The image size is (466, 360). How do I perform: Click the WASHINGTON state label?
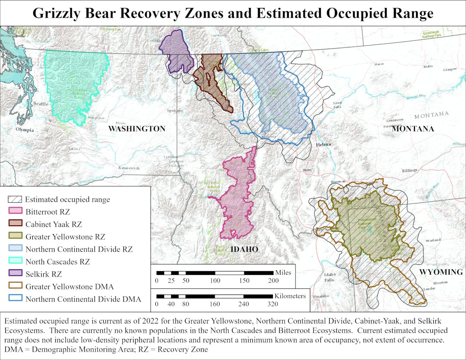pyautogui.click(x=137, y=129)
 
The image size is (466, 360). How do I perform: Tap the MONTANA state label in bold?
pyautogui.click(x=413, y=129)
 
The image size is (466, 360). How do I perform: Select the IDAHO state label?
pyautogui.click(x=244, y=250)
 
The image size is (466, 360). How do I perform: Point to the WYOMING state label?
pyautogui.click(x=441, y=272)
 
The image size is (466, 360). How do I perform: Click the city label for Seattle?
pyautogui.click(x=41, y=104)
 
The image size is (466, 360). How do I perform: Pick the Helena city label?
pyautogui.click(x=323, y=144)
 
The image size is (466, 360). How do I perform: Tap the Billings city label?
pyautogui.click(x=409, y=170)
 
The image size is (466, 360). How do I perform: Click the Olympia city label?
pyautogui.click(x=24, y=130)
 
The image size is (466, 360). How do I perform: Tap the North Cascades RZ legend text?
pyautogui.click(x=58, y=262)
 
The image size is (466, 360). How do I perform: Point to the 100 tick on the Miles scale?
pyautogui.click(x=215, y=280)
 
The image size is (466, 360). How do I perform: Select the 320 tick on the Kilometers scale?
pyautogui.click(x=273, y=304)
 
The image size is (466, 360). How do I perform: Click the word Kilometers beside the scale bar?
pyautogui.click(x=290, y=296)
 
